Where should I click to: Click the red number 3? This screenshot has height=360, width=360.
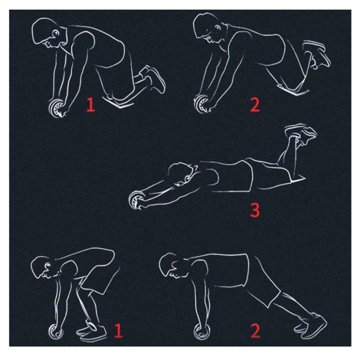pyautogui.click(x=255, y=210)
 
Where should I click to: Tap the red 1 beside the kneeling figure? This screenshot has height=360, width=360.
pyautogui.click(x=91, y=105)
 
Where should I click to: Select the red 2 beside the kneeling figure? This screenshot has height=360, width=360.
pyautogui.click(x=255, y=105)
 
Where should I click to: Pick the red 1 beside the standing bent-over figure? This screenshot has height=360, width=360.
pyautogui.click(x=118, y=331)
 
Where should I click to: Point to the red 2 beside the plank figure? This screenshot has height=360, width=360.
pyautogui.click(x=255, y=331)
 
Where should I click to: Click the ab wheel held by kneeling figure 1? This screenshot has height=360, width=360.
pyautogui.click(x=56, y=108)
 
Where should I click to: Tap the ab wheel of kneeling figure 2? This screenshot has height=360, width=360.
pyautogui.click(x=201, y=103)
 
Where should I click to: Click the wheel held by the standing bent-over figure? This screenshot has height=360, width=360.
pyautogui.click(x=56, y=331)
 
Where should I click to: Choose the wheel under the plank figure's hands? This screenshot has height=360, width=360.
pyautogui.click(x=201, y=331)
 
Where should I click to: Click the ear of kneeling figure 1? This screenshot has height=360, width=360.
pyautogui.click(x=56, y=34)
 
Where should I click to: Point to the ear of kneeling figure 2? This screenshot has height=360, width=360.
pyautogui.click(x=217, y=28)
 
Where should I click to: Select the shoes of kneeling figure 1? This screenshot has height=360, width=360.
pyautogui.click(x=153, y=78)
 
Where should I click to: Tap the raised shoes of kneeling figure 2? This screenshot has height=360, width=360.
pyautogui.click(x=317, y=54)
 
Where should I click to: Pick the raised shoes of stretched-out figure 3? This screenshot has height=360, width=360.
pyautogui.click(x=300, y=134)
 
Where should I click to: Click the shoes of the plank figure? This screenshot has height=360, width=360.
pyautogui.click(x=311, y=326)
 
